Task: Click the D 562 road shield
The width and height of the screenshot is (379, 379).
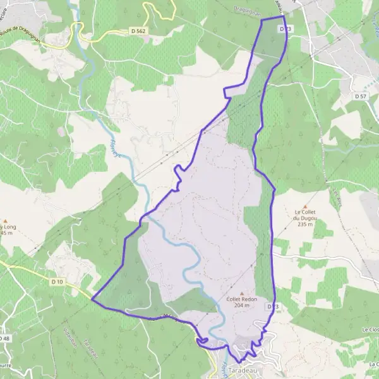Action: [x=138, y=30]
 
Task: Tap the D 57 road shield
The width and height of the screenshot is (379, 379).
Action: [x=361, y=96]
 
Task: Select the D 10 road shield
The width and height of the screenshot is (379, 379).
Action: [x=57, y=281]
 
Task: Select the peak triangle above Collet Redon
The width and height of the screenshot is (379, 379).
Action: [x=223, y=293]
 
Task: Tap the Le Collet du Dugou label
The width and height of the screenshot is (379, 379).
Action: [x=306, y=215]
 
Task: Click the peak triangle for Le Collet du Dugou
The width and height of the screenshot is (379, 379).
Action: [x=306, y=206]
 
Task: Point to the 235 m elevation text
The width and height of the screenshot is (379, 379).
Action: [x=306, y=224]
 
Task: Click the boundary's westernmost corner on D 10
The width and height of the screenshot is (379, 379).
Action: [x=92, y=299]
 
